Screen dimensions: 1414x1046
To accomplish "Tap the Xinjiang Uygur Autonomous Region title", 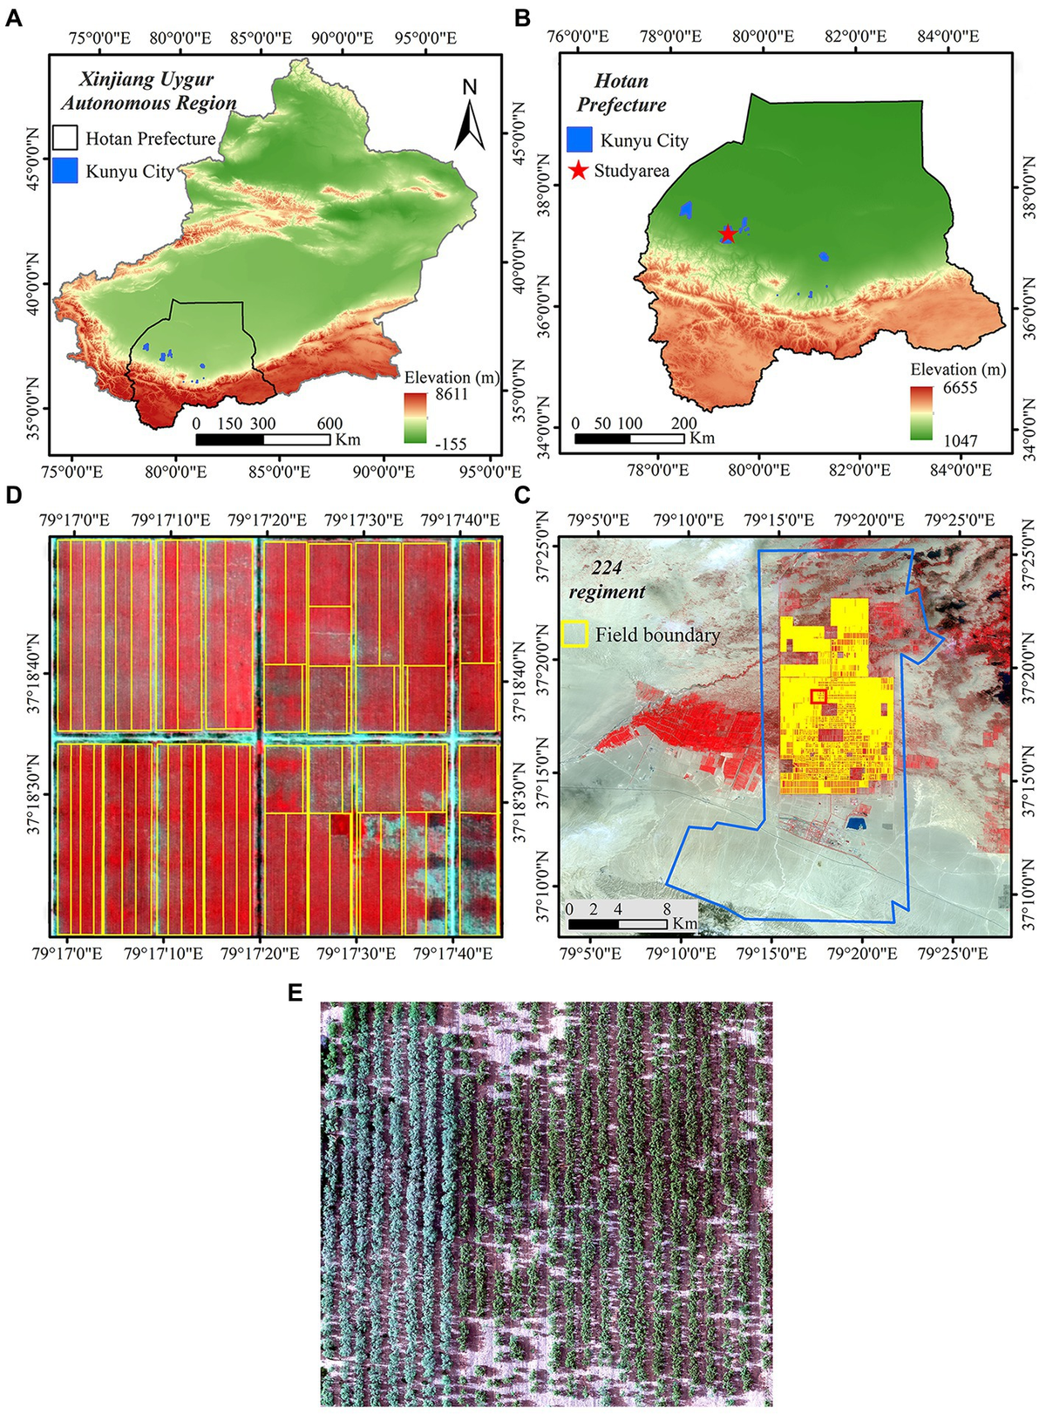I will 148,91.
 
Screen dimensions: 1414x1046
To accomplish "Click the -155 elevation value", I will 448,444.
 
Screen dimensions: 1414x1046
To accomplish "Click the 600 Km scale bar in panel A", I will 262,439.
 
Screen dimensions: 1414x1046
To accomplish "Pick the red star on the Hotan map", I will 728,235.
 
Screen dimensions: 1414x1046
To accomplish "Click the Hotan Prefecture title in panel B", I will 621,92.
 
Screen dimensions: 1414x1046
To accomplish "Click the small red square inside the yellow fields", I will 818,695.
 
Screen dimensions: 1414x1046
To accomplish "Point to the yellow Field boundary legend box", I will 574,634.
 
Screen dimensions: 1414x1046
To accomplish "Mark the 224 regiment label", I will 607,580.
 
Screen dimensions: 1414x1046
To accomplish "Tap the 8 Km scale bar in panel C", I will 617,923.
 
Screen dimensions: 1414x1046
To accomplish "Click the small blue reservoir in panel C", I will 856,823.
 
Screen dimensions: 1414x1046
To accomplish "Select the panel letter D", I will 13,495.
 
